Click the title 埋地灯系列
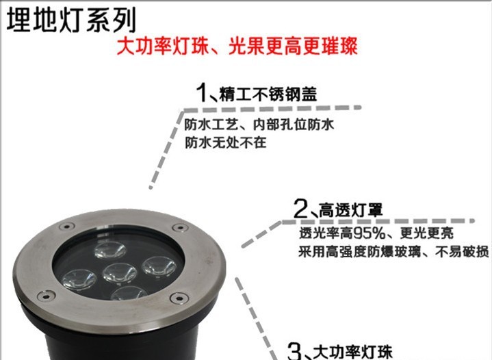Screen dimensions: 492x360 click(72, 21)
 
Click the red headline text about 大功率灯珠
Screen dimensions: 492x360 click(237, 47)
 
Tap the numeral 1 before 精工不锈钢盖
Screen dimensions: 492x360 click(201, 92)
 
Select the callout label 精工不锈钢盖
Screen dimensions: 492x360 click(268, 94)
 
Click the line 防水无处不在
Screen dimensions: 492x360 click(226, 143)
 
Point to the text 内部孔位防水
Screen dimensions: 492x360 click(294, 125)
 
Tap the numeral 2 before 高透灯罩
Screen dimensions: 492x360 click(301, 208)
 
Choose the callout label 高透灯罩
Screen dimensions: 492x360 click(351, 210)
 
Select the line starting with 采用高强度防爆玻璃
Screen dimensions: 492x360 click(393, 251)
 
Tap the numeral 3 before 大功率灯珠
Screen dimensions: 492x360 click(295, 351)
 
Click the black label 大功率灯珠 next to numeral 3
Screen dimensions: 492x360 click(352, 352)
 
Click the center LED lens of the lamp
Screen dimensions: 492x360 click(120, 272)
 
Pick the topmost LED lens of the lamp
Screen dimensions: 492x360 click(110, 250)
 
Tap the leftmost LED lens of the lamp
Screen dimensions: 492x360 click(79, 279)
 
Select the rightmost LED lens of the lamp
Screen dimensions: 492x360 click(159, 266)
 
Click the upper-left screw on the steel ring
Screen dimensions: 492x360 click(67, 226)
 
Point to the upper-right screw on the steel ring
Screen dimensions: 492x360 click(180, 227)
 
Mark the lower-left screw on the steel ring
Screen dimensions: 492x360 click(46, 296)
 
